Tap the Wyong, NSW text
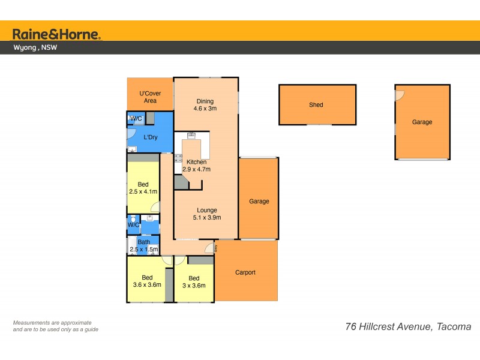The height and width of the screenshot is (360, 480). coord(36,48)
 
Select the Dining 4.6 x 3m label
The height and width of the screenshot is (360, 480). coord(205,104)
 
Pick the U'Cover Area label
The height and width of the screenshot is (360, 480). coord(150,97)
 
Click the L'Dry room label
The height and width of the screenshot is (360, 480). coord(151,137)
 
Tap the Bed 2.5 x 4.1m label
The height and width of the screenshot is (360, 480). coord(143,188)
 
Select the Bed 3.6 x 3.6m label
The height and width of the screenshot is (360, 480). coord(147,281)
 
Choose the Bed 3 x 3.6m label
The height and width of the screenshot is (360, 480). coord(194,281)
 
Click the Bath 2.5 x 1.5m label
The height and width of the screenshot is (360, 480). coord(143,246)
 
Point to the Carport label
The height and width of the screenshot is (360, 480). coord(245,272)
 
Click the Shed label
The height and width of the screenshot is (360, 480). coord(316,105)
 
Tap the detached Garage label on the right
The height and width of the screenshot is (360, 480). coord(422,122)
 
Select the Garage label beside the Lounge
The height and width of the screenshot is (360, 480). coord(259,202)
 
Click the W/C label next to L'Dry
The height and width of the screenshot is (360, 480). coord(136,119)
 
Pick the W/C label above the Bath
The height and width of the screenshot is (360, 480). coord(133,225)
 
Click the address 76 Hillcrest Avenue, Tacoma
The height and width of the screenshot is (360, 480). coord(409,327)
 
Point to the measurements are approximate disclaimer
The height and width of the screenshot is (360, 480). coord(56,326)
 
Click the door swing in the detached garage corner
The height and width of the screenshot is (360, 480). coord(399,95)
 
